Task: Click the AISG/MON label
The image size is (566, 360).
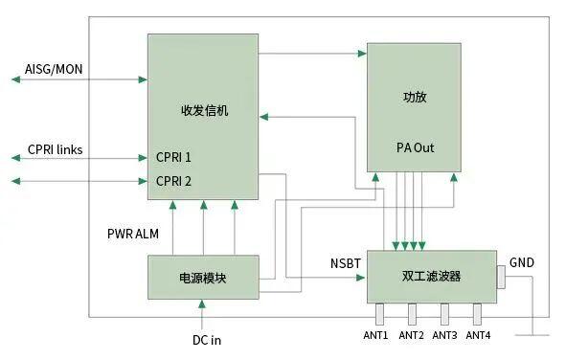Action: click(x=55, y=70)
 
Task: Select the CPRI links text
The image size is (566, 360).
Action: click(x=55, y=149)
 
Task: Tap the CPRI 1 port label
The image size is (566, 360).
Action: click(x=174, y=157)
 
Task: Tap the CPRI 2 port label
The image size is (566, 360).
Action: click(x=174, y=180)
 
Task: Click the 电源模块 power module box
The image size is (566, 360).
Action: click(x=203, y=277)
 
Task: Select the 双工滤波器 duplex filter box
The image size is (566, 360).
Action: click(x=431, y=277)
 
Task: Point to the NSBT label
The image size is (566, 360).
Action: click(x=346, y=261)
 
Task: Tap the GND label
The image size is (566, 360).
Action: click(x=522, y=262)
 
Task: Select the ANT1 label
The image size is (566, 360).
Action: click(x=375, y=335)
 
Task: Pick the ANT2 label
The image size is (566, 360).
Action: click(x=411, y=335)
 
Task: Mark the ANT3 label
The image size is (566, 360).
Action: click(x=444, y=335)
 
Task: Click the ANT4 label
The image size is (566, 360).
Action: click(x=478, y=335)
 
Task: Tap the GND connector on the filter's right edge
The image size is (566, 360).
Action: click(x=501, y=278)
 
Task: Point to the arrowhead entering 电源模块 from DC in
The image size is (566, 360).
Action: click(x=203, y=304)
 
